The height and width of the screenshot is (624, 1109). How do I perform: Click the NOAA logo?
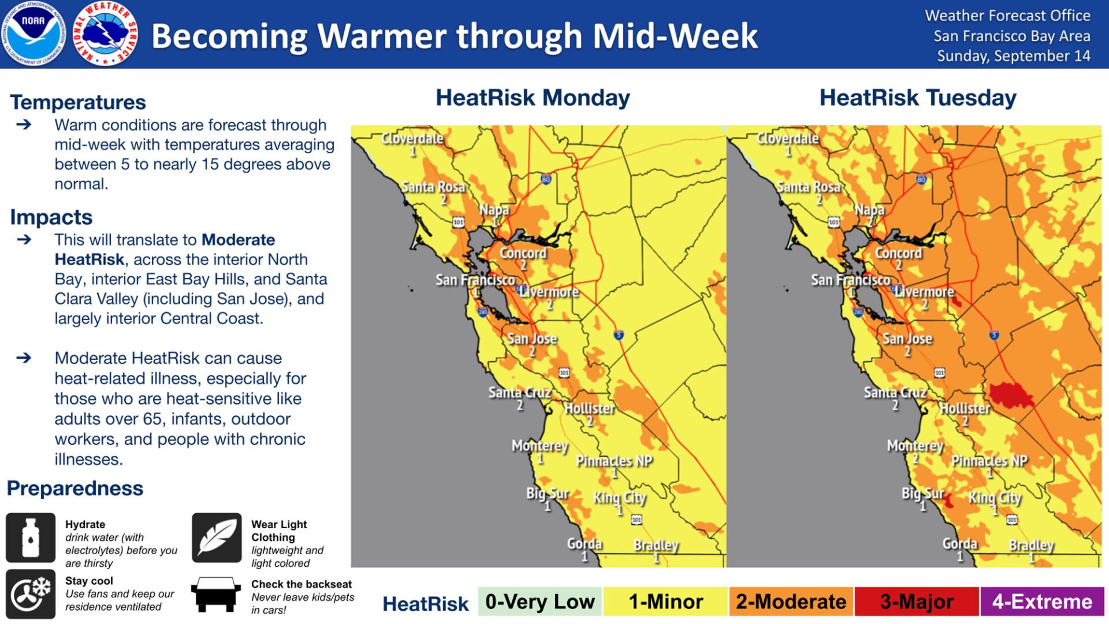click(x=33, y=33)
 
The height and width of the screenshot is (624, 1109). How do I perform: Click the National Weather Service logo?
click(x=105, y=33)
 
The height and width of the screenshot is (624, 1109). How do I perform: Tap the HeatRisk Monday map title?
click(x=533, y=98)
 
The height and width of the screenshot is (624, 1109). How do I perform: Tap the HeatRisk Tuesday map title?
click(x=918, y=98)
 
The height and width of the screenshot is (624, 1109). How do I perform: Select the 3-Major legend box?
click(x=917, y=601)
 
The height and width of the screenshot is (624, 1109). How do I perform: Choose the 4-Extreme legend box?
click(x=1043, y=601)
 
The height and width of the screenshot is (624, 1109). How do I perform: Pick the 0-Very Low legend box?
click(x=540, y=601)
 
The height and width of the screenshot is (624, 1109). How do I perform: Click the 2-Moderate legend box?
click(x=791, y=601)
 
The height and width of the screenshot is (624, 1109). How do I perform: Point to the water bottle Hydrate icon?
click(x=31, y=537)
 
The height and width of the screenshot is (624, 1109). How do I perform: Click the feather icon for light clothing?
click(x=217, y=537)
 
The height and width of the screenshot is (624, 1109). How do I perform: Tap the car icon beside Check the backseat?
click(x=216, y=594)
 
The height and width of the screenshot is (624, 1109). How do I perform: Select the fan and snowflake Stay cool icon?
click(x=31, y=594)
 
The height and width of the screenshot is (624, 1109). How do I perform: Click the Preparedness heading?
click(x=75, y=488)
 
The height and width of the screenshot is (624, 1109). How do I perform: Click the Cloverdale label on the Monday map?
click(x=412, y=138)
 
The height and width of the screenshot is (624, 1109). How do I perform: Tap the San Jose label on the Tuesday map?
click(x=907, y=339)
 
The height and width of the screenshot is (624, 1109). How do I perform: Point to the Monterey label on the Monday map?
click(x=540, y=446)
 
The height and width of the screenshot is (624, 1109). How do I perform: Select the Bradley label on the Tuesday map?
click(x=1032, y=545)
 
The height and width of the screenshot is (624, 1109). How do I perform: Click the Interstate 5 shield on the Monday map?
click(x=619, y=335)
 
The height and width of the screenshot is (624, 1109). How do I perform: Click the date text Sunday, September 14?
click(x=1014, y=56)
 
